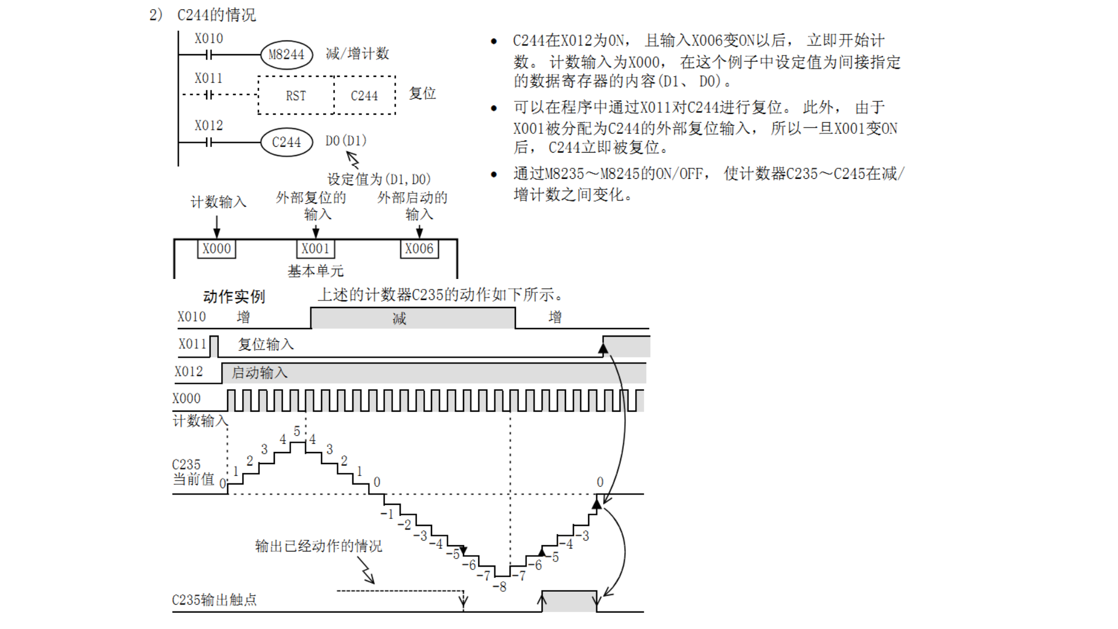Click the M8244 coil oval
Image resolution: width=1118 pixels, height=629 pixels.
pyautogui.click(x=286, y=55)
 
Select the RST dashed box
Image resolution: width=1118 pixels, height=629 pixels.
pyautogui.click(x=296, y=96)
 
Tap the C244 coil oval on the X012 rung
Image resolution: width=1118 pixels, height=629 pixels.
pyautogui.click(x=286, y=142)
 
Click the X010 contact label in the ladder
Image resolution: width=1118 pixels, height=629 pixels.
pyautogui.click(x=208, y=39)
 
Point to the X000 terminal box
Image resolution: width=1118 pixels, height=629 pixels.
pyautogui.click(x=217, y=249)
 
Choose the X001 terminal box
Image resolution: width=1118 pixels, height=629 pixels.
pyautogui.click(x=316, y=249)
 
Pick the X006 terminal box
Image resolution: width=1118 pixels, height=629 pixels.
pyautogui.click(x=419, y=249)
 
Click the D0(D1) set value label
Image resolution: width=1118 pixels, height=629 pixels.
pyautogui.click(x=346, y=141)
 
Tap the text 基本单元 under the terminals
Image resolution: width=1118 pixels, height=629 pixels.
pyautogui.click(x=316, y=271)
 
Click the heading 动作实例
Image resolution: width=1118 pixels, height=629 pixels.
pyautogui.click(x=234, y=297)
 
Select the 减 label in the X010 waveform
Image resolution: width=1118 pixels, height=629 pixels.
pyautogui.click(x=399, y=319)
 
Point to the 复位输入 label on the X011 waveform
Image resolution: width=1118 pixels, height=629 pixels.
pyautogui.click(x=266, y=345)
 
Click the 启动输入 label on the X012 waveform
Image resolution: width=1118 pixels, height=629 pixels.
pyautogui.click(x=260, y=373)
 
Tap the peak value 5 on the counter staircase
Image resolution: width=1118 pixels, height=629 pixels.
pyautogui.click(x=297, y=432)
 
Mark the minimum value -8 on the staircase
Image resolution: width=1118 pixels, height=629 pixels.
pyautogui.click(x=500, y=586)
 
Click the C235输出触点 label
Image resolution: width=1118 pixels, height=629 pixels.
pyautogui.click(x=214, y=600)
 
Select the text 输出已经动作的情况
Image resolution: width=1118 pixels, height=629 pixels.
pyautogui.click(x=319, y=546)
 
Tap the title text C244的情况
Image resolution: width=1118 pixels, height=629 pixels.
pyautogui.click(x=217, y=15)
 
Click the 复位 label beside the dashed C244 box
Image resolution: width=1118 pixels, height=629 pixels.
pyautogui.click(x=423, y=94)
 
